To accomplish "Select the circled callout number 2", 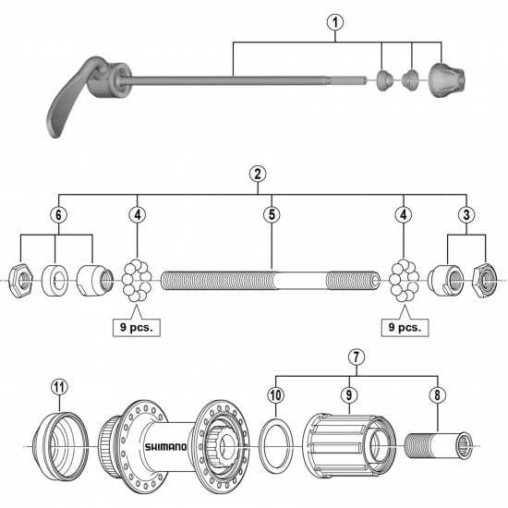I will tap(257, 174).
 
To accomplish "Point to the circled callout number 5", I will tap(271, 214).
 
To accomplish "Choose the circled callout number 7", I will tap(356, 357).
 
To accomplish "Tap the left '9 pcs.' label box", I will tap(135, 326).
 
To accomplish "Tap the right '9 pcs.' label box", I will tap(403, 326).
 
